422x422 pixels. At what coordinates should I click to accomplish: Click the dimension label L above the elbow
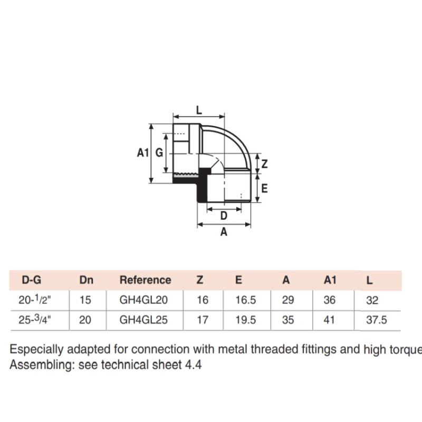199,110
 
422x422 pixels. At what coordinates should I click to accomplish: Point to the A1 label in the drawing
142,153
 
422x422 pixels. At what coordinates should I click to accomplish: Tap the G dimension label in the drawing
159,153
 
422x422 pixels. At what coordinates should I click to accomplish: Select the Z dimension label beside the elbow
264,164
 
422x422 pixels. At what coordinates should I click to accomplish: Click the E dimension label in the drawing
264,188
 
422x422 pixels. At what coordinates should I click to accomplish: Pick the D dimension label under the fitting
224,216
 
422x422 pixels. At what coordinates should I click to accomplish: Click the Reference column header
146,280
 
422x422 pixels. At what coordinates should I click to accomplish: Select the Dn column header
87,280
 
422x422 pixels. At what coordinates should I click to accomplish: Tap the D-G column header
32,280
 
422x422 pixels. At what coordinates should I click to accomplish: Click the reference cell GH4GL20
143,300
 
